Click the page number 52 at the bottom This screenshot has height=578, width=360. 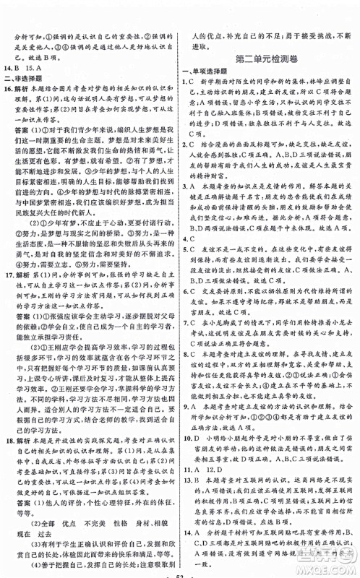click(180, 571)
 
